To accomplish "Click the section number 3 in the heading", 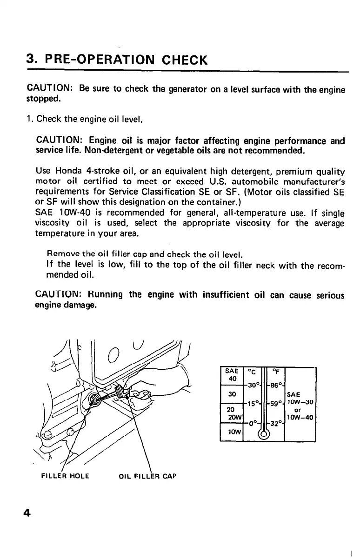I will (30, 60).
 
